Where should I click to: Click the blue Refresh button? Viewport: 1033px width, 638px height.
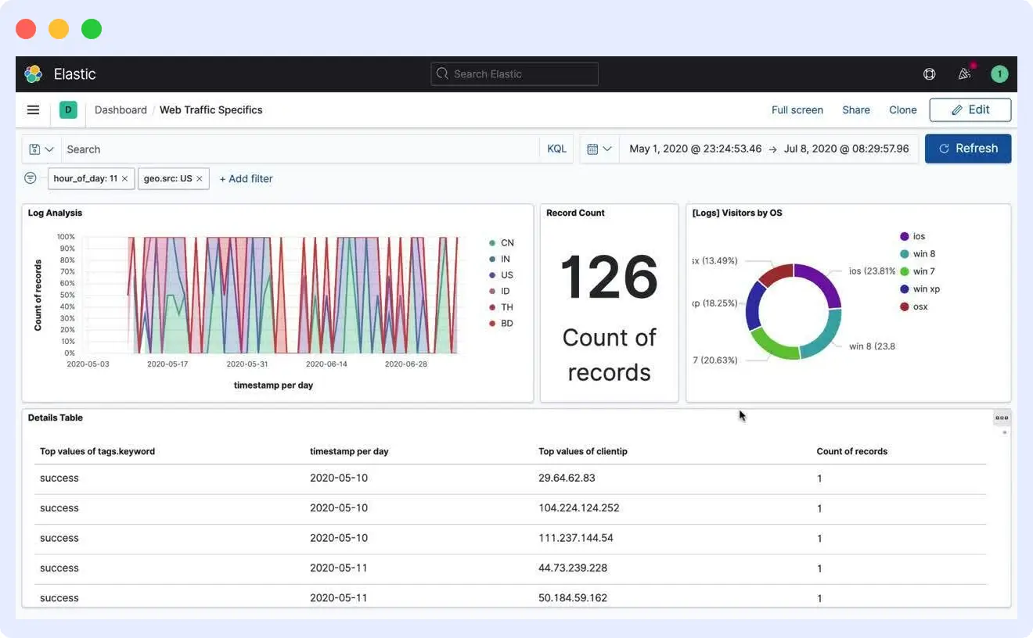[967, 149]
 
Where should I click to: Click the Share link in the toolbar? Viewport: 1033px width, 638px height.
[855, 110]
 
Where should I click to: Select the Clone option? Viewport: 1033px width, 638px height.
[902, 110]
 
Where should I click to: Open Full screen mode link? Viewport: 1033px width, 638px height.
[797, 110]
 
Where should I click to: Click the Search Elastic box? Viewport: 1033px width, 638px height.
[514, 74]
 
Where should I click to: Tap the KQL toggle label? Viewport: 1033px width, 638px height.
[556, 149]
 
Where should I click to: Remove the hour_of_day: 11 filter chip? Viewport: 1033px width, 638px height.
[124, 179]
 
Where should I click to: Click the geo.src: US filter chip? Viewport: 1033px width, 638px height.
[167, 179]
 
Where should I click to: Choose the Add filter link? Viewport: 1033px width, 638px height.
[246, 179]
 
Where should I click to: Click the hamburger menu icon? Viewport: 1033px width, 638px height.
[33, 110]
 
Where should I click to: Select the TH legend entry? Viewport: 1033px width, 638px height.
[506, 307]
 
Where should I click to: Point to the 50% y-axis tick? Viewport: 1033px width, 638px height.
[67, 295]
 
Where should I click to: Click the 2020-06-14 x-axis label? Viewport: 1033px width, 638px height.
[326, 364]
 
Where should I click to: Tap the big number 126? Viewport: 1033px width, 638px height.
[609, 278]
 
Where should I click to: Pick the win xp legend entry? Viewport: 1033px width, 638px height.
[926, 289]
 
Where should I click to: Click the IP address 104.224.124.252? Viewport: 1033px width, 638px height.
[578, 508]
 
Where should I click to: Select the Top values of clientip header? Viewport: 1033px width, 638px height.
[582, 451]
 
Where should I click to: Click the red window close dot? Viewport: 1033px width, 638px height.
[26, 29]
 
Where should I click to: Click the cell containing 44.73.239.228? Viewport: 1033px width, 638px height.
[572, 568]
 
